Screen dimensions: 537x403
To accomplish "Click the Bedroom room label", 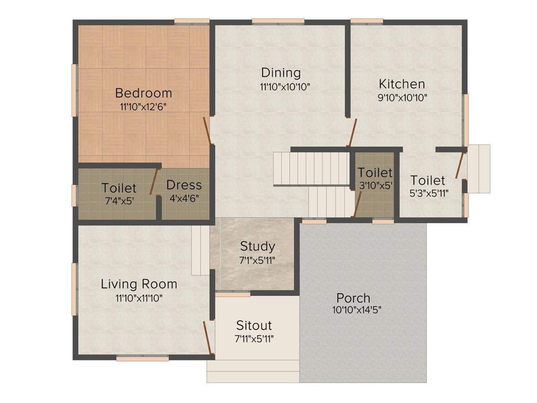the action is [x=144, y=93].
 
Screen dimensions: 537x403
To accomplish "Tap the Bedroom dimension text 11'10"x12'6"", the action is [x=143, y=107].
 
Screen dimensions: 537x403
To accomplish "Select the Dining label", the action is [x=281, y=73].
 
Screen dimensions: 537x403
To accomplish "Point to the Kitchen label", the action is [x=402, y=84].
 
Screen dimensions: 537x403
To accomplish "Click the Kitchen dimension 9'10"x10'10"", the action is [x=402, y=98].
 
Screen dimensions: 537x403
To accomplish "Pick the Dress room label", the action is [x=184, y=185].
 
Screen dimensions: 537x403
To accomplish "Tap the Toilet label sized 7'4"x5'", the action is [x=119, y=188].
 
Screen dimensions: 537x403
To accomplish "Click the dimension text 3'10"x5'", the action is [x=375, y=186].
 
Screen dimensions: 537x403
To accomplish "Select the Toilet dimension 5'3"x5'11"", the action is [x=429, y=194].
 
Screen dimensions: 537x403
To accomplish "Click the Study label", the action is [x=257, y=247].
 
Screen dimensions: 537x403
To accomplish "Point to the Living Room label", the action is [x=139, y=284].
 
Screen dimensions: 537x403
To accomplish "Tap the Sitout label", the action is [x=254, y=325].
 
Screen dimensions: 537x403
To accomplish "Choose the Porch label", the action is [x=353, y=298].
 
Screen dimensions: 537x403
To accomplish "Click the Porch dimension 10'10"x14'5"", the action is [x=357, y=310].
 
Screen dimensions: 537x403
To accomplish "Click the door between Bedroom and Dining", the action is [x=207, y=130].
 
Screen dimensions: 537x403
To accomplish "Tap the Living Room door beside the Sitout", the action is [x=208, y=337].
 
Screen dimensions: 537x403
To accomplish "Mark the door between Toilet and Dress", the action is [x=155, y=182].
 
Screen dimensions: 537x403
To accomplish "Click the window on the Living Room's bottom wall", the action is [x=143, y=359].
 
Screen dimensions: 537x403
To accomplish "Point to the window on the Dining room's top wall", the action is [x=278, y=21].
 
